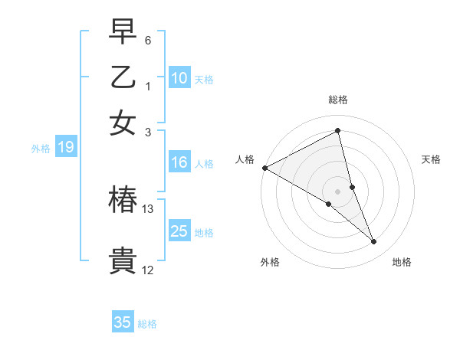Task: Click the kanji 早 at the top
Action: tap(123, 33)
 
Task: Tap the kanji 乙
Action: tap(123, 77)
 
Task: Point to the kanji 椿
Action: tap(123, 200)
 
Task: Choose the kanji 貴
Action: tap(123, 260)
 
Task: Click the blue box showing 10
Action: tap(179, 78)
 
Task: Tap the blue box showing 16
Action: tap(179, 162)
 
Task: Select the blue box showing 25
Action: tap(179, 231)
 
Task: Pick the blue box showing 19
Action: tap(66, 148)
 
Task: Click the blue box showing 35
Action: tap(123, 322)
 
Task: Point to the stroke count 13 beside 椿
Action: tap(148, 208)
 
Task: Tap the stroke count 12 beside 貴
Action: tap(148, 270)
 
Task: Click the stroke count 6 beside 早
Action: tap(148, 39)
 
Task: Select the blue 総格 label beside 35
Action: tap(147, 324)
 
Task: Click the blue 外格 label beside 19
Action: tap(41, 149)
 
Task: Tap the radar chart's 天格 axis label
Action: tap(431, 159)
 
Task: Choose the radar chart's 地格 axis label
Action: tap(402, 262)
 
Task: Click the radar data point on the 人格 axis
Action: tap(264, 168)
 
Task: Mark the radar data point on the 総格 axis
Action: tap(338, 131)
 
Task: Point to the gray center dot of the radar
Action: tap(338, 191)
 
